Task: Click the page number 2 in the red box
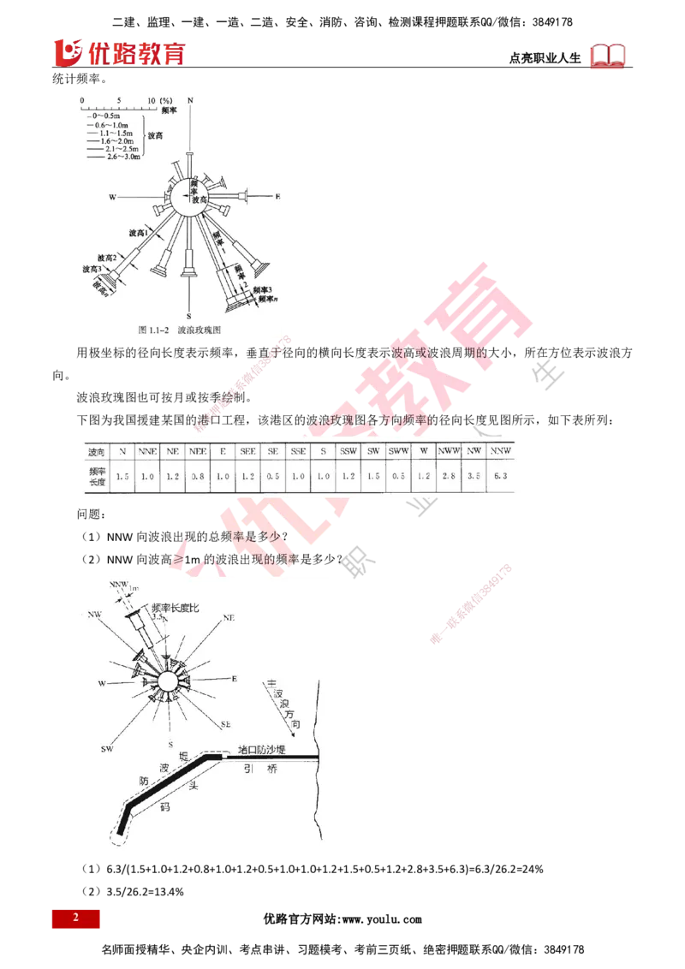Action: tap(75, 918)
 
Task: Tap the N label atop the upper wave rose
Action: tap(190, 101)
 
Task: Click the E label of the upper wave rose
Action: tap(277, 197)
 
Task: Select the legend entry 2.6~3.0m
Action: tap(119, 158)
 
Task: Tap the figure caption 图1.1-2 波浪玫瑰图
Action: tap(174, 329)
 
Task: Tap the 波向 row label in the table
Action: tap(96, 450)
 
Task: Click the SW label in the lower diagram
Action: tap(107, 749)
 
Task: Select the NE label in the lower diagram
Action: tap(228, 617)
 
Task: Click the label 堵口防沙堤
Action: tap(261, 750)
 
